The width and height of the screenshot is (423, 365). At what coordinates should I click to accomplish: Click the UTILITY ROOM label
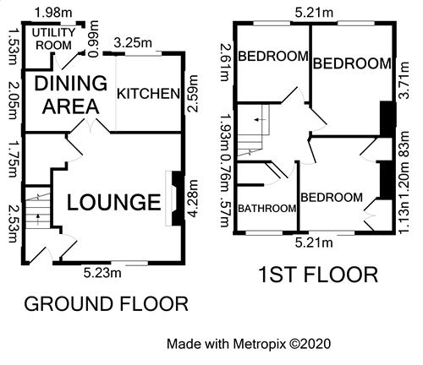click(x=53, y=39)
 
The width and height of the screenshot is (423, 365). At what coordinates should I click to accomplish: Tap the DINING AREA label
click(x=70, y=95)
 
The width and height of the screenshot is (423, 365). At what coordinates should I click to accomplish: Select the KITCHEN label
click(x=148, y=94)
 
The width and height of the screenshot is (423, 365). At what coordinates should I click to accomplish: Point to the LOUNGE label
click(x=114, y=202)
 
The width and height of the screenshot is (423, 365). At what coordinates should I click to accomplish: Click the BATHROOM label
click(x=267, y=209)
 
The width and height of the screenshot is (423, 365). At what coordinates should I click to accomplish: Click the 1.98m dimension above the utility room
click(x=53, y=13)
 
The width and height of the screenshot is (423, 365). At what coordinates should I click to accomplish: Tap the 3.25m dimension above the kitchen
click(x=133, y=43)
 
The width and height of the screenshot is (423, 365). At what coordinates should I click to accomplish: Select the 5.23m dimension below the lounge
click(x=102, y=273)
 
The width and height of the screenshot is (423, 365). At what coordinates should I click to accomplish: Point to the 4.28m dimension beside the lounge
click(x=194, y=199)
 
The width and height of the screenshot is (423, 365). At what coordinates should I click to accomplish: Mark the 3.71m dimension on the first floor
click(x=404, y=80)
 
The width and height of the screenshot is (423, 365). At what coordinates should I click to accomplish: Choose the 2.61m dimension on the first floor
click(x=225, y=63)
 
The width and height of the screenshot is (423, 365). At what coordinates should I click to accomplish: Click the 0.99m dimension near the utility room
click(x=93, y=39)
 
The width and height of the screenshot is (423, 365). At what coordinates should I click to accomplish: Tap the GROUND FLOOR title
click(x=106, y=304)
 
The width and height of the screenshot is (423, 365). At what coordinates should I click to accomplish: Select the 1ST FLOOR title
click(x=318, y=275)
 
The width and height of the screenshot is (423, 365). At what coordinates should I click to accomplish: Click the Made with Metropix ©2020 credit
click(x=249, y=344)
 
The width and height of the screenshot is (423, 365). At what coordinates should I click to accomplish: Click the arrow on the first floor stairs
click(x=260, y=120)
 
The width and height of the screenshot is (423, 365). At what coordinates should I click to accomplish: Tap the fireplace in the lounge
click(x=175, y=198)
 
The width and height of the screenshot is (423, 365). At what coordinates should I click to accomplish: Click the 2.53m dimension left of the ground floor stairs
click(x=14, y=224)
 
